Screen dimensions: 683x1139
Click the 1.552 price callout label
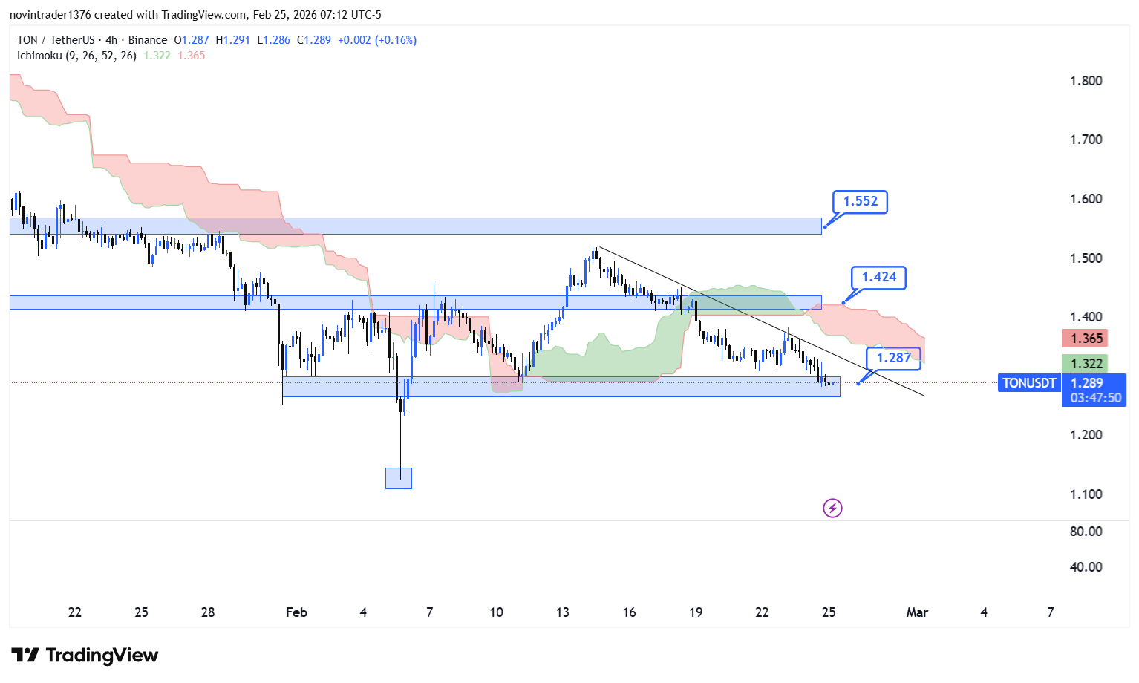pos(860,201)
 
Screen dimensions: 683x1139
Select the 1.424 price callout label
pos(878,277)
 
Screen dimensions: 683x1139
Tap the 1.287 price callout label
pos(893,358)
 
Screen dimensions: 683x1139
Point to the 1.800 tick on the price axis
pos(1086,81)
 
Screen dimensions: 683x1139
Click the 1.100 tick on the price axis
pos(1086,494)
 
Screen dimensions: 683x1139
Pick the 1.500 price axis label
pos(1086,258)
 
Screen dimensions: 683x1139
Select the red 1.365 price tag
pos(1086,339)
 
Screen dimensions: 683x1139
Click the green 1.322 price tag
pos(1086,363)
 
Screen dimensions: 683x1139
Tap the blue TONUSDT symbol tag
pos(1029,383)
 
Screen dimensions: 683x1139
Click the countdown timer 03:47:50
pos(1095,398)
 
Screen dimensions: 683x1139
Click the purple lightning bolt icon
pos(832,509)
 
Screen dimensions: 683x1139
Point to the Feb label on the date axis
pos(296,612)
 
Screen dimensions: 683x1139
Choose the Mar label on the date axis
pos(917,612)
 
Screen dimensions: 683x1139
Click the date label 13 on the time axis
pos(562,612)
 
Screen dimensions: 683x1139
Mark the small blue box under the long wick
pos(399,478)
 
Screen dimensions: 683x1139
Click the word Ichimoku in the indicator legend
pos(39,56)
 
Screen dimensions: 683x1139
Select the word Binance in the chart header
pos(148,40)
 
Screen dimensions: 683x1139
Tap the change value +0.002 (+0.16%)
pos(377,40)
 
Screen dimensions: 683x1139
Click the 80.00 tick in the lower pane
pos(1086,532)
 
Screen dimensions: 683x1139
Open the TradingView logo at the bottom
pos(85,656)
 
